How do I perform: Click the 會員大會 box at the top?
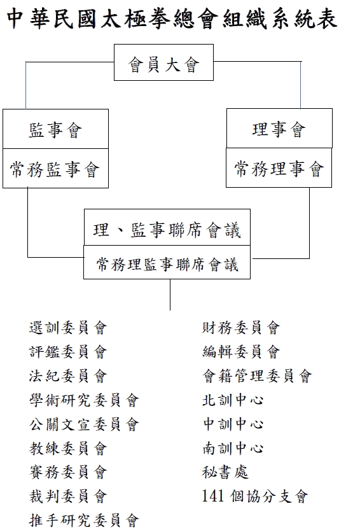click(x=163, y=62)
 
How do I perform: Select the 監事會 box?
click(x=55, y=129)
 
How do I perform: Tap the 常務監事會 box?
click(x=55, y=168)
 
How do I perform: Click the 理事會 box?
click(x=279, y=129)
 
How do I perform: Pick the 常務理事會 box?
click(x=279, y=167)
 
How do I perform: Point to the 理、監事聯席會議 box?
click(x=167, y=227)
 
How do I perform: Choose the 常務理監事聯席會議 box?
click(x=167, y=262)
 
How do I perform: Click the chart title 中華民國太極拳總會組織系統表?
click(x=172, y=18)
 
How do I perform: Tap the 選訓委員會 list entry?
click(x=68, y=328)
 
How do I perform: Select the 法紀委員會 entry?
click(x=68, y=376)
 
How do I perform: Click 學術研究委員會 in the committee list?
click(x=84, y=400)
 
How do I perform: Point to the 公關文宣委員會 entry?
click(x=84, y=424)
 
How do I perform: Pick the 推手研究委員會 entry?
click(x=84, y=521)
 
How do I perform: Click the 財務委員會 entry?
click(x=241, y=328)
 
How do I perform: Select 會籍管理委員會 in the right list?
click(x=257, y=376)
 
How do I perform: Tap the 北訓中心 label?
click(x=233, y=400)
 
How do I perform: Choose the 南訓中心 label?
click(x=233, y=449)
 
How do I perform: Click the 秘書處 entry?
click(x=225, y=472)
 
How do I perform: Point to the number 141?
click(x=213, y=496)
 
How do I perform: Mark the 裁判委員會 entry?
click(x=68, y=496)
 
